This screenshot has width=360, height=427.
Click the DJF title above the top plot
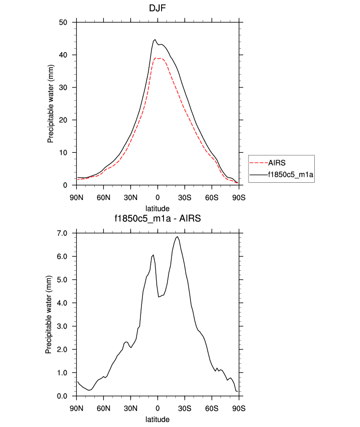pyautogui.click(x=158, y=8)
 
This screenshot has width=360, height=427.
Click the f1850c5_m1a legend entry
pyautogui.click(x=290, y=174)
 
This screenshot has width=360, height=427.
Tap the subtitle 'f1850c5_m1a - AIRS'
pyautogui.click(x=158, y=219)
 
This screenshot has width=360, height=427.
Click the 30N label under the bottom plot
pyautogui.click(x=130, y=408)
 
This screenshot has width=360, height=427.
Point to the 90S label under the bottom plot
pyautogui.click(x=239, y=408)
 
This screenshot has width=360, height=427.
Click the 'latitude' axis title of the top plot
pyautogui.click(x=158, y=207)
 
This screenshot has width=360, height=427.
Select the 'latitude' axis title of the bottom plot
pyautogui.click(x=158, y=420)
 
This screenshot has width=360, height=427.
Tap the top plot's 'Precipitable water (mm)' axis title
pyautogui.click(x=51, y=104)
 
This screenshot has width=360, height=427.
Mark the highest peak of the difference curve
pyautogui.click(x=177, y=237)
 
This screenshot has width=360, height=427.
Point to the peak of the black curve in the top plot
pyautogui.click(x=155, y=40)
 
